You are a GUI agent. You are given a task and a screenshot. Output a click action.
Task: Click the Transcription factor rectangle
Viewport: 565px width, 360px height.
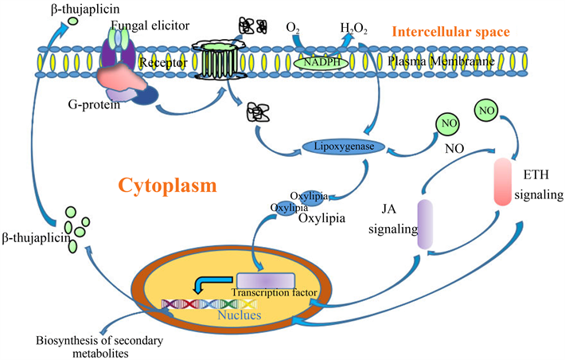pyautogui.click(x=266, y=280)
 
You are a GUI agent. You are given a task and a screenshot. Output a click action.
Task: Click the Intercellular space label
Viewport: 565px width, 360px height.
pyautogui.click(x=450, y=32)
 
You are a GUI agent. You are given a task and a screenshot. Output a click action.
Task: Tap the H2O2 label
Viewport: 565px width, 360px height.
pyautogui.click(x=355, y=29)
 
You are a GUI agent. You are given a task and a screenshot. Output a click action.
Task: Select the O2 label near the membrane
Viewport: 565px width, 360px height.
pyautogui.click(x=293, y=29)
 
